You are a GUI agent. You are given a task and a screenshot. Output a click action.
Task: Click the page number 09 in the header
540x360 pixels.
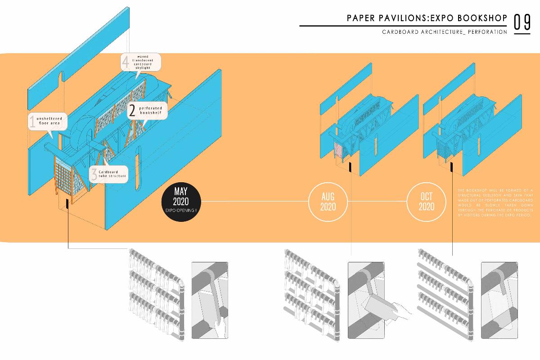pyautogui.click(x=522, y=23)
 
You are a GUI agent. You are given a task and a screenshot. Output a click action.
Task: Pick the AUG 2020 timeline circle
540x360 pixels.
pyautogui.click(x=328, y=203)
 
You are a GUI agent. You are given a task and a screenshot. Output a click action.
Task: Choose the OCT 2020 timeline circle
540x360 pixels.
pyautogui.click(x=426, y=203)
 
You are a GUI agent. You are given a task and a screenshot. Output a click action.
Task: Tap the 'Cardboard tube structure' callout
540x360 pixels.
pyautogui.click(x=108, y=174)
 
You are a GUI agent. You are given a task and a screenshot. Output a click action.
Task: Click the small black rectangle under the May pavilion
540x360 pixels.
pyautogui.click(x=67, y=203)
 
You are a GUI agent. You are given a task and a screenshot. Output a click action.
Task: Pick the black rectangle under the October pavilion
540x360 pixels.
pyautogui.click(x=451, y=167)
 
